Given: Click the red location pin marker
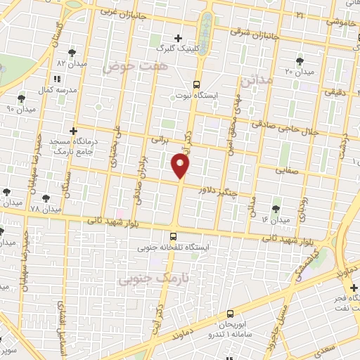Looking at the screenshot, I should (x=181, y=166).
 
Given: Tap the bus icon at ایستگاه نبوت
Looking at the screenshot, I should (x=197, y=82).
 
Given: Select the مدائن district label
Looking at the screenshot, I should (x=255, y=82).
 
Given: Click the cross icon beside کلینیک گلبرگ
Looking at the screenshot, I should (x=178, y=38).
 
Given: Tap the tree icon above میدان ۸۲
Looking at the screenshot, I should (x=72, y=53).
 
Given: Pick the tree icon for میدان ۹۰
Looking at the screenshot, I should (x=20, y=98).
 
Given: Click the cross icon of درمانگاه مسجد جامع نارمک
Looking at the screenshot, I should (x=73, y=130).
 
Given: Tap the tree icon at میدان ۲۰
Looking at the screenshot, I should (x=300, y=61).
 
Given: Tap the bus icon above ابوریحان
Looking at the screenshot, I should (x=230, y=314).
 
